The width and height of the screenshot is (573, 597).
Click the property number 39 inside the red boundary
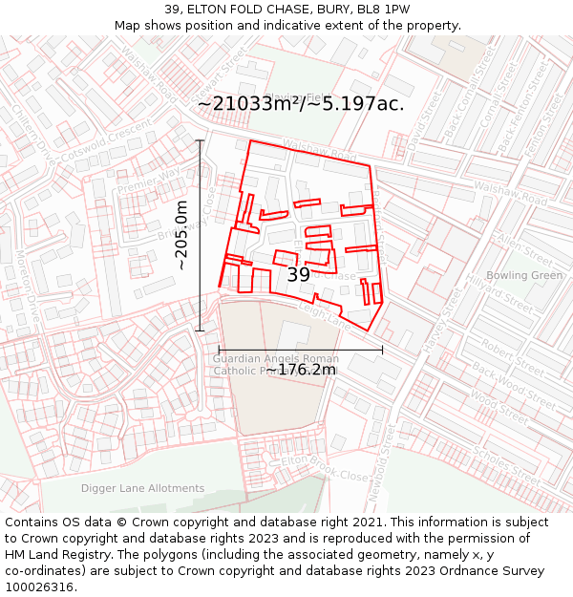point(299,275)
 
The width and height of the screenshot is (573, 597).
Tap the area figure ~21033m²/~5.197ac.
point(301,104)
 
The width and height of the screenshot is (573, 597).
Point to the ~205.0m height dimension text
point(182,235)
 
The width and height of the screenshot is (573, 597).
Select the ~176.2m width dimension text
point(301,370)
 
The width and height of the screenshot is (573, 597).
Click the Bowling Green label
point(531,276)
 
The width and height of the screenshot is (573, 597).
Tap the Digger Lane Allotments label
point(142,488)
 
